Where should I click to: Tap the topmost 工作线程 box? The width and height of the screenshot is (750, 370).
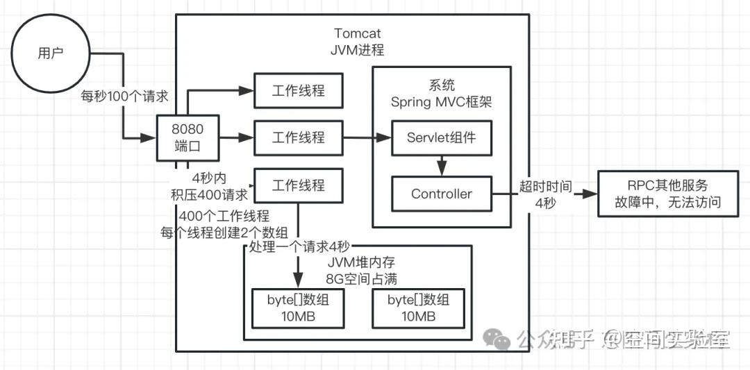tap(298, 91)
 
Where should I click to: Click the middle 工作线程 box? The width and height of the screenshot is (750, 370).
tap(298, 137)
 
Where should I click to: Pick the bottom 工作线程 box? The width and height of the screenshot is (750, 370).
tap(298, 185)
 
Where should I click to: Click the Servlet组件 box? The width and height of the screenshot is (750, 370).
tap(442, 137)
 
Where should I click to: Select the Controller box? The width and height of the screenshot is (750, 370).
tap(442, 194)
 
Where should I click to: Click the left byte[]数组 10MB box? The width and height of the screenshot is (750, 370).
tap(298, 308)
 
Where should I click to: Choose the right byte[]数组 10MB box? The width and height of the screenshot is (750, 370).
tap(418, 308)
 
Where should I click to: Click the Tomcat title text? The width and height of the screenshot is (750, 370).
tap(358, 33)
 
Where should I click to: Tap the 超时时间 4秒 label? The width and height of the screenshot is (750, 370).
tap(545, 195)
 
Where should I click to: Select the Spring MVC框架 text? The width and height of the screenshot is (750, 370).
tap(442, 102)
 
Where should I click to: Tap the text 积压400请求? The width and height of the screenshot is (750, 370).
tap(209, 194)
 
